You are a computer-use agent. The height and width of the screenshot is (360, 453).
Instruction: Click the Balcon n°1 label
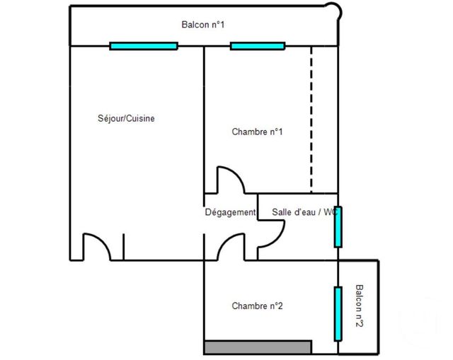coord(203,25)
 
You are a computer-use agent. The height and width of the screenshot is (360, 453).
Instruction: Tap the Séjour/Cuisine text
coord(126,118)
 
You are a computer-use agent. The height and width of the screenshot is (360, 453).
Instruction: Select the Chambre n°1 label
coord(258,132)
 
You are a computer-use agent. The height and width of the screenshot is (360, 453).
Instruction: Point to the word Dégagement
coord(230,212)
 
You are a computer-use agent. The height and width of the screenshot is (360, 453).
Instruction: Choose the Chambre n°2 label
coord(258,306)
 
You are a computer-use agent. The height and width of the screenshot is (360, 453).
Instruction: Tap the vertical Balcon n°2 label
coord(360,306)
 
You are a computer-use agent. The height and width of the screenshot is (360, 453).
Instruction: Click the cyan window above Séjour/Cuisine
coord(144,46)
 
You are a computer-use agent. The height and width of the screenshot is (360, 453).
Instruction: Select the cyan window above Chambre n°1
coord(258,46)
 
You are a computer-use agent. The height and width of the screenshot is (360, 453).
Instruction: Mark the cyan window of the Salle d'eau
coord(338,227)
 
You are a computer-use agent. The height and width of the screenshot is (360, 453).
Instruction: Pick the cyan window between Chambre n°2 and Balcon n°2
coord(338,312)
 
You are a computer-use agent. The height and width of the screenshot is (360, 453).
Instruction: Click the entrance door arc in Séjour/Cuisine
coord(93,245)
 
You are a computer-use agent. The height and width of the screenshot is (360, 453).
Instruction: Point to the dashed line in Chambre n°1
coord(311,120)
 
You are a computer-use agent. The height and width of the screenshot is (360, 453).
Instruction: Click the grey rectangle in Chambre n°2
coord(258,347)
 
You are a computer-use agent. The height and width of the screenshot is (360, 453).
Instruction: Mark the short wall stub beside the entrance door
coord(123,246)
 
